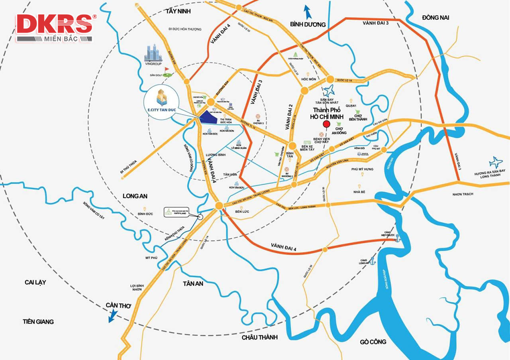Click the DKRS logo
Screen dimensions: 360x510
click(x=55, y=28)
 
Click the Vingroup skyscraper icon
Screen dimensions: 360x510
click(x=153, y=53)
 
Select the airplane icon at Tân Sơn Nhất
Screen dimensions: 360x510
click(x=329, y=90)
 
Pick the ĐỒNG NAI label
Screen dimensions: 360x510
click(x=435, y=17)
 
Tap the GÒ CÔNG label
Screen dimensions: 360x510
click(x=373, y=342)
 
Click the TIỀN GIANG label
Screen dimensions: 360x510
click(x=38, y=321)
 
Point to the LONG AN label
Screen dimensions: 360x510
click(x=135, y=196)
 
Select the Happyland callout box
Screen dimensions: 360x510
click(x=175, y=212)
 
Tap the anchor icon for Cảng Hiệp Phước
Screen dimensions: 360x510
click(x=397, y=238)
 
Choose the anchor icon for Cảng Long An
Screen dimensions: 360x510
click(x=373, y=261)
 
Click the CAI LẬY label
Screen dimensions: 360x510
click(x=35, y=282)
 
